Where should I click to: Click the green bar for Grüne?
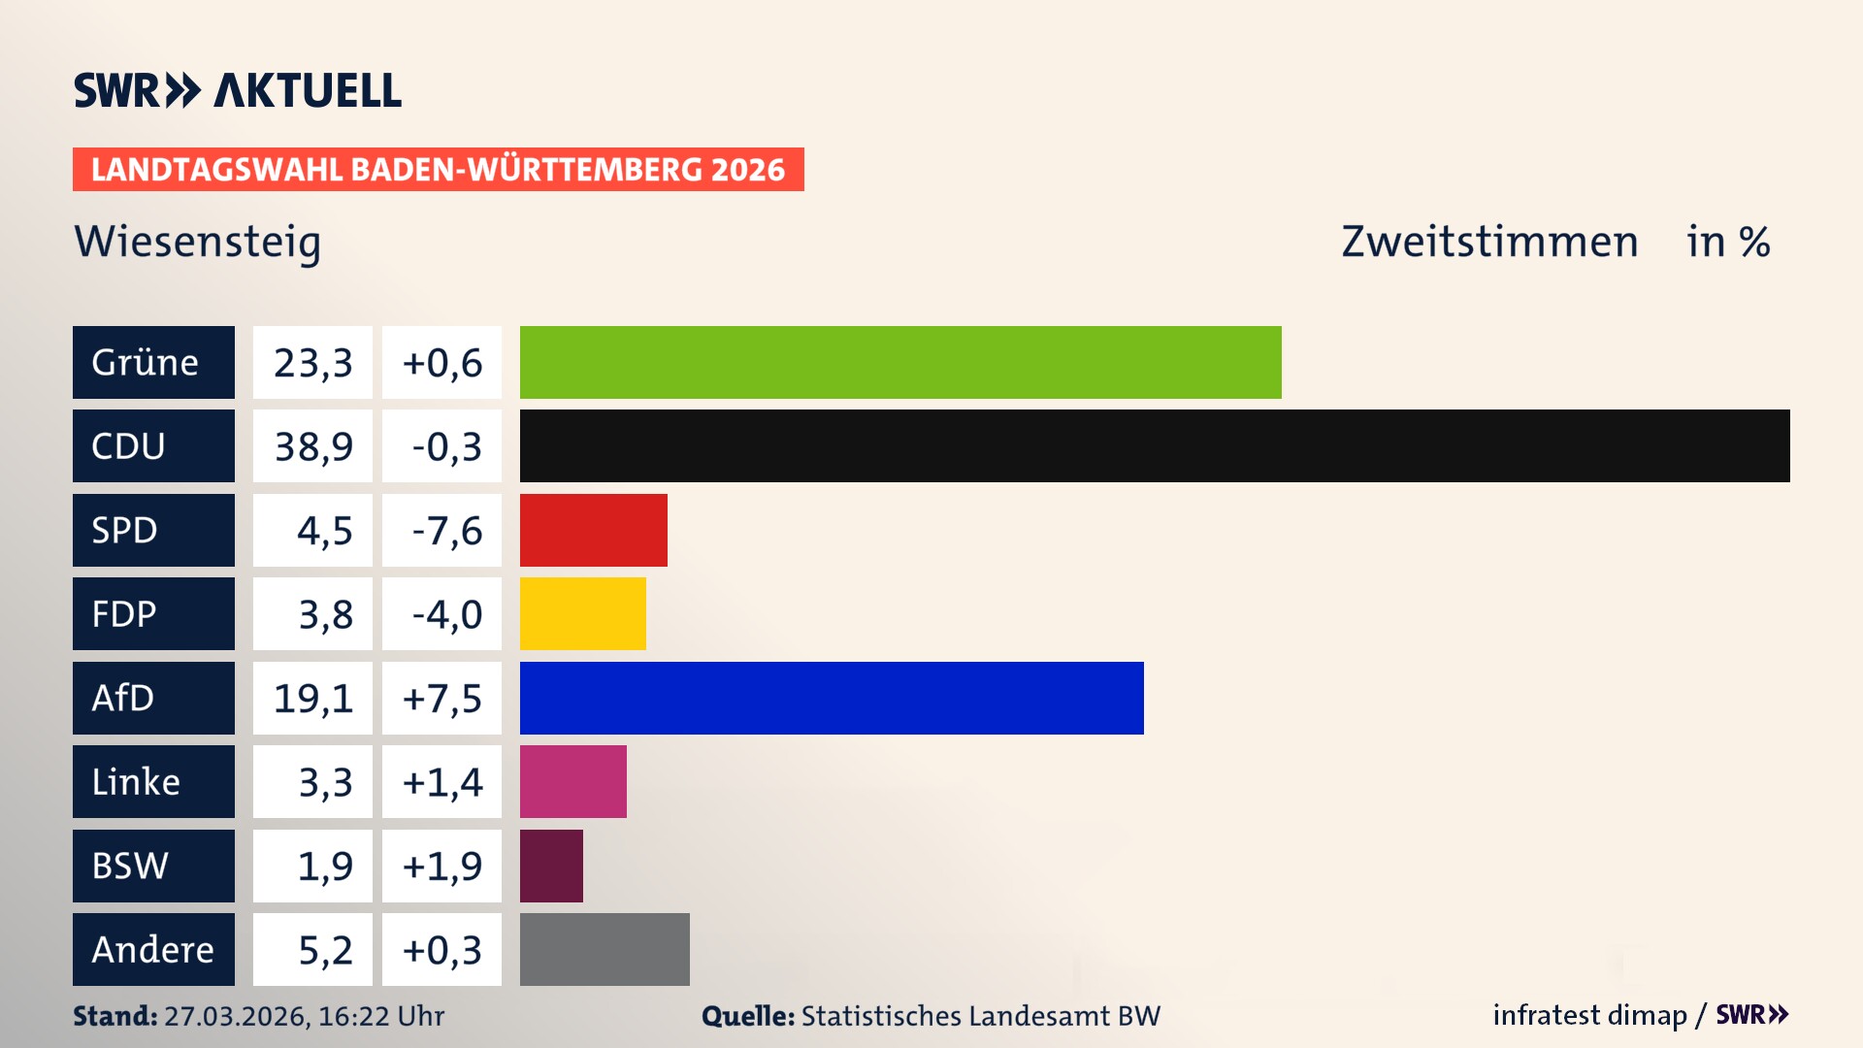tap(900, 362)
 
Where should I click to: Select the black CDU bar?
tap(1155, 446)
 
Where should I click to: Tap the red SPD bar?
tap(594, 530)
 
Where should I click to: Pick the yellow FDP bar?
tap(582, 613)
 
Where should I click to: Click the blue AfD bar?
tap(832, 698)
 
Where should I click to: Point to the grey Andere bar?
tap(605, 949)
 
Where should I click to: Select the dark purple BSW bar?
tap(551, 866)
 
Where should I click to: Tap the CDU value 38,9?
tap(312, 446)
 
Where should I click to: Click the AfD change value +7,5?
tap(442, 698)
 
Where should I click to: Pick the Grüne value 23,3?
tap(312, 362)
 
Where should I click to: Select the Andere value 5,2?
tap(324, 949)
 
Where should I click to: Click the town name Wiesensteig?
tap(197, 242)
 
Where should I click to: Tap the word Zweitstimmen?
tap(1489, 242)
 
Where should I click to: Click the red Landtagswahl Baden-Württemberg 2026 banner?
tap(438, 169)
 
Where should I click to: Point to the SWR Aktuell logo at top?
tap(237, 90)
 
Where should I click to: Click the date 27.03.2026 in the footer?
tap(236, 1016)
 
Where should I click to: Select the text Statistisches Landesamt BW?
tap(980, 1016)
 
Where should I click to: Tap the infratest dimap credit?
tap(1588, 1015)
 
